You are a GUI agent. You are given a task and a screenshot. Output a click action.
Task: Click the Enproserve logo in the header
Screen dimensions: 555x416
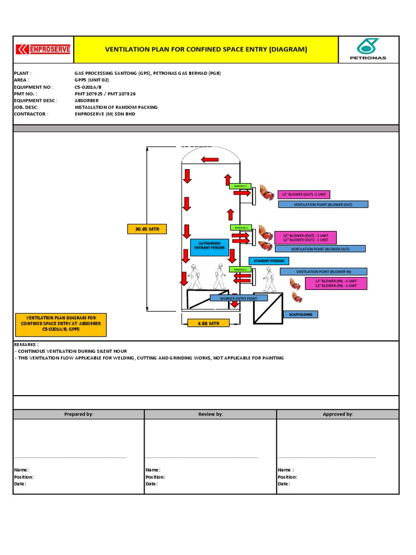click(43, 50)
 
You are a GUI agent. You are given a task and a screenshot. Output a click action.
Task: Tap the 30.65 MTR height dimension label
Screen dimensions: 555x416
click(147, 230)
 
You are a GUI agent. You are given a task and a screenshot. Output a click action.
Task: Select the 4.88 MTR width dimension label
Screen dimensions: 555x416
click(208, 323)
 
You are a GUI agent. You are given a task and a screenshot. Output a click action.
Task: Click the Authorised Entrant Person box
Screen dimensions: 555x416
click(209, 247)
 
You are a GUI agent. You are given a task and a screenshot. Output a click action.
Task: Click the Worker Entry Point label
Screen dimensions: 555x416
click(239, 298)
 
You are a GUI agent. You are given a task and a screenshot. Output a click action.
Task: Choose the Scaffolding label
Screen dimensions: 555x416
click(300, 314)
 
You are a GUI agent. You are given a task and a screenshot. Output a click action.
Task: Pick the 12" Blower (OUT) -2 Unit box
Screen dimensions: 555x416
click(303, 195)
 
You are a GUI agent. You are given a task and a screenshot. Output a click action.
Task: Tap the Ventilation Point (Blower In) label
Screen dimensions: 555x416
click(323, 272)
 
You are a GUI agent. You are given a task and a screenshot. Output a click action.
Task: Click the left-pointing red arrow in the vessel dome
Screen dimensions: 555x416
click(210, 159)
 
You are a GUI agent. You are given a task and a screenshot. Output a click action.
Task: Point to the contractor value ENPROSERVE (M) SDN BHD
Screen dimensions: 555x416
click(105, 114)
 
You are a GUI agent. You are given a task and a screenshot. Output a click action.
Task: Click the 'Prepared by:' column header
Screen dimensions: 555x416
click(79, 414)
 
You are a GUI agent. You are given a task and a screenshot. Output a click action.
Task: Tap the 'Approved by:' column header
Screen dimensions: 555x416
click(337, 414)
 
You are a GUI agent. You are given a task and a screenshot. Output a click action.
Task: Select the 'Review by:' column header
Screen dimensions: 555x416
click(210, 414)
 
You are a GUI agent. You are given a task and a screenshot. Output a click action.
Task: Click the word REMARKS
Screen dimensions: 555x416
click(26, 344)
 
